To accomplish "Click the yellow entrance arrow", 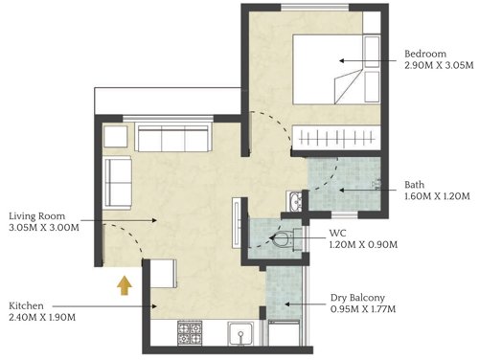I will [124, 284].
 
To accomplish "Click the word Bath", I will [415, 185].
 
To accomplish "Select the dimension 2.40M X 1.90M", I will [42, 317].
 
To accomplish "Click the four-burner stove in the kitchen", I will [190, 334].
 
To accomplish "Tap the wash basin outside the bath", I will [294, 202].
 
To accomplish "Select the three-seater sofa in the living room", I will [175, 139].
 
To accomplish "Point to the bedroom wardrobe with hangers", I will [337, 137].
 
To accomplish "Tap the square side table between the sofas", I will [115, 136].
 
